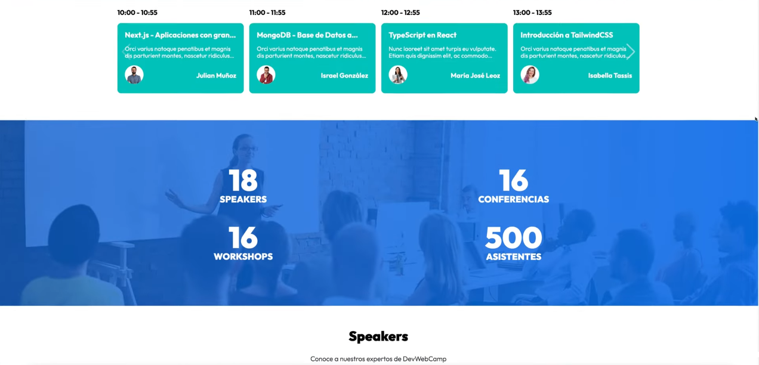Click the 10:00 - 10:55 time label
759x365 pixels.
coord(137,13)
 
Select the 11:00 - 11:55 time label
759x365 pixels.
coord(267,13)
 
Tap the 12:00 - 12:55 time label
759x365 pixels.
coord(400,13)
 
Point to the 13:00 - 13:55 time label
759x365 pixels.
coord(532,13)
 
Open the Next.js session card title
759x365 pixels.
coord(180,35)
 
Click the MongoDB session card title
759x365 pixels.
coord(307,35)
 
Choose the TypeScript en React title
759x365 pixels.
coord(422,35)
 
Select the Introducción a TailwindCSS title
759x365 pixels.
coord(566,35)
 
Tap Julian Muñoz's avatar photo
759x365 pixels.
coord(134,75)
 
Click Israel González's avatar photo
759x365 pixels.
coord(266,75)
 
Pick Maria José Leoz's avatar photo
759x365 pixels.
coord(398,75)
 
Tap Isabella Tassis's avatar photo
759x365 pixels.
coord(530,75)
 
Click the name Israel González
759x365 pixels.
coord(344,76)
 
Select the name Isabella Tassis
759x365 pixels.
coord(610,76)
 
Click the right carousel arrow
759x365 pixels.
coord(630,52)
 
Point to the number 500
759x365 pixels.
coord(513,238)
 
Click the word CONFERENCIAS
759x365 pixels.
coord(513,199)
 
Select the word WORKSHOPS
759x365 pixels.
coord(243,256)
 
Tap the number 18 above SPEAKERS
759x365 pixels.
coord(243,180)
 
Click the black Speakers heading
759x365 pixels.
coord(378,336)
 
